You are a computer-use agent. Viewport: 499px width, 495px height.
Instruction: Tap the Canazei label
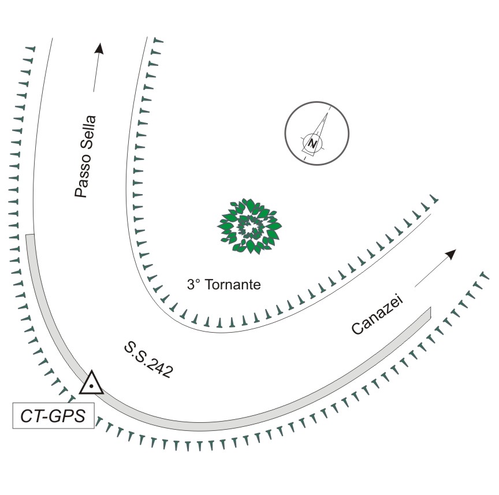coord(377,315)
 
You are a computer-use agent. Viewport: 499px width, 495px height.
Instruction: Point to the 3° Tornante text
coord(224,285)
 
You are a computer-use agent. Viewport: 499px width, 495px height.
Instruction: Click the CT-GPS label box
coord(54,416)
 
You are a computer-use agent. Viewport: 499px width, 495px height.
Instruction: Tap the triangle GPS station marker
coord(91,383)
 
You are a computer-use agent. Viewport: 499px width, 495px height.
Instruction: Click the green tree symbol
coord(249,226)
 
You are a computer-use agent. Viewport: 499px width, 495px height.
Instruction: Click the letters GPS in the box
coord(68,416)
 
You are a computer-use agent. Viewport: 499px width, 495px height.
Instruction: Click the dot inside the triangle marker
coord(91,386)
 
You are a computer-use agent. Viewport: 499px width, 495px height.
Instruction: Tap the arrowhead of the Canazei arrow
coord(452,254)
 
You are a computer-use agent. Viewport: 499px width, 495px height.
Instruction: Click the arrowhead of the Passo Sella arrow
coord(100,49)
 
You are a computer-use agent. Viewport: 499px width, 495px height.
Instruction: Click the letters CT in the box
coord(32,416)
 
